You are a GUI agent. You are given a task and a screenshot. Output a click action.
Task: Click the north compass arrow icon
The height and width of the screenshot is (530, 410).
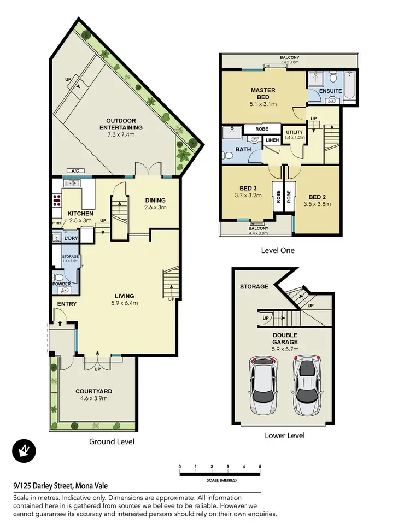click(24, 451)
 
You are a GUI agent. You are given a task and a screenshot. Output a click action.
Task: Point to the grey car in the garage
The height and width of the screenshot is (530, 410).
click(307, 385)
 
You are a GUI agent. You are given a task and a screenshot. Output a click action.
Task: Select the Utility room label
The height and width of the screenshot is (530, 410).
click(294, 132)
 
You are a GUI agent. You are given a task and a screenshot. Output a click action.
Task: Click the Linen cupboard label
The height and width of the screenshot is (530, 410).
click(272, 140)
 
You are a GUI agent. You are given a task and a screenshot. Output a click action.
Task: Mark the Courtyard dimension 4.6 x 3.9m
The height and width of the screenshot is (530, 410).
click(93, 398)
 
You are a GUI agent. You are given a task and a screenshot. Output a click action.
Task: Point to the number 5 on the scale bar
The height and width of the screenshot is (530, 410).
click(260, 466)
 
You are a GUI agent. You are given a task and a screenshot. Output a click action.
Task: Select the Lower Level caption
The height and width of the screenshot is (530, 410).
click(284, 435)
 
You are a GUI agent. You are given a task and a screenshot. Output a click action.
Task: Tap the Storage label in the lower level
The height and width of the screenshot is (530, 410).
click(254, 287)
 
